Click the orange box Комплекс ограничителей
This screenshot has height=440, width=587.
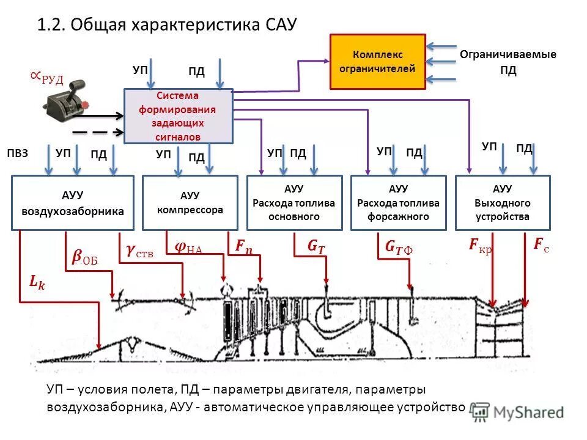(378, 62)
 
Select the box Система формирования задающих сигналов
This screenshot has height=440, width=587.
(178, 116)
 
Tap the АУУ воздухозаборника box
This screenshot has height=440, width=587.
(73, 203)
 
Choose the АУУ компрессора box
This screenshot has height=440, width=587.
(190, 202)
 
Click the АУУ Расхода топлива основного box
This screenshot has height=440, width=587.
(294, 203)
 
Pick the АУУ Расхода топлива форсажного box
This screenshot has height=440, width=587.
(398, 203)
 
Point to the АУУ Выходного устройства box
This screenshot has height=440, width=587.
(502, 203)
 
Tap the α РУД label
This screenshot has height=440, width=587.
(46, 78)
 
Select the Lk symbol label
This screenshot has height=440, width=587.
(37, 282)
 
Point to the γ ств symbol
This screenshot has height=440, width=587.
(139, 250)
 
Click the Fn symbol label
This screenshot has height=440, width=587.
(243, 246)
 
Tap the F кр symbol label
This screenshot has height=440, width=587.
(481, 246)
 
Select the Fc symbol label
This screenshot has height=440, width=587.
(541, 245)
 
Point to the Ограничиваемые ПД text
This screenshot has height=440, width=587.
(508, 62)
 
